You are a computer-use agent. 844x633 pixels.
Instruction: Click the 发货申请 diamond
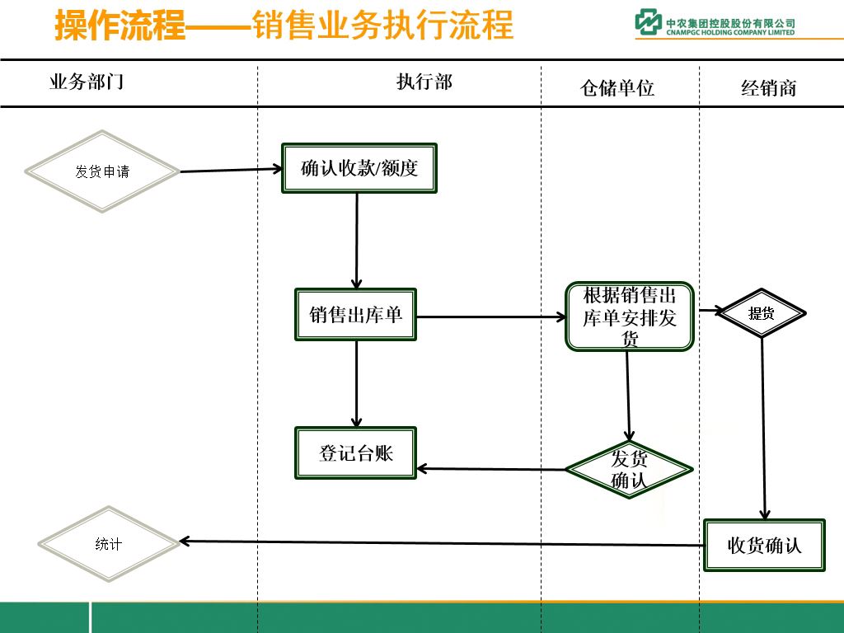click(x=102, y=171)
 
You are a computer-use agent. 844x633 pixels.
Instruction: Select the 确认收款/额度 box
click(x=359, y=169)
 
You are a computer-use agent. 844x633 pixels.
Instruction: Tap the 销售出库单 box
click(x=356, y=314)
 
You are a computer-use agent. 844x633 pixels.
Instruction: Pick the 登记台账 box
click(x=356, y=452)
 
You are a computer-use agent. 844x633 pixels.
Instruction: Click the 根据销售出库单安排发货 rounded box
click(x=630, y=317)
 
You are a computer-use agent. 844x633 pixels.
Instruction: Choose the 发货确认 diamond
click(x=629, y=470)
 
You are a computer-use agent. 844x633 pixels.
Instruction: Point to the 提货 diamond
click(x=761, y=313)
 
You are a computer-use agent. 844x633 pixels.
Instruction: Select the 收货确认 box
click(x=764, y=545)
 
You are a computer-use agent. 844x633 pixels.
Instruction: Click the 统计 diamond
click(x=109, y=543)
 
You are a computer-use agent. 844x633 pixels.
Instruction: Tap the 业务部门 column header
click(x=87, y=82)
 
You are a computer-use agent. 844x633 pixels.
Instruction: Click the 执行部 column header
click(x=424, y=82)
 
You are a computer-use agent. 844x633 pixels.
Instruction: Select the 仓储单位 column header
click(x=617, y=88)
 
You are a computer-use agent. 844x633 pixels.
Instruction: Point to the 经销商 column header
click(x=769, y=88)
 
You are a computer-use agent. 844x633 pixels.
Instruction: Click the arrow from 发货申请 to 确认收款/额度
click(x=231, y=171)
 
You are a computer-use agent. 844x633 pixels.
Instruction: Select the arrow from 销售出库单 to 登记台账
click(x=357, y=383)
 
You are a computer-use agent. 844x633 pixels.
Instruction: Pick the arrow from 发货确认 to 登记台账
click(x=491, y=470)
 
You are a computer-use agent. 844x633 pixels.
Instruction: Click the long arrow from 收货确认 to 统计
click(x=441, y=543)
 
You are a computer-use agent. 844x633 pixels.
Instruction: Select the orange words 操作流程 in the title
click(x=120, y=26)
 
